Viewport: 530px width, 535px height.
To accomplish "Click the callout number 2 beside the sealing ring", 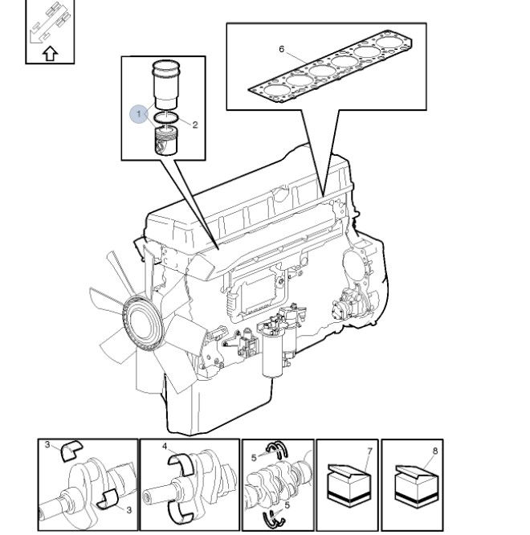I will [x=194, y=125].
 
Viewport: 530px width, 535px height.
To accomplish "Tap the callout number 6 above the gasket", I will [x=282, y=49].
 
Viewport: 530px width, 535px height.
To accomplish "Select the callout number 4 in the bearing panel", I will [x=165, y=447].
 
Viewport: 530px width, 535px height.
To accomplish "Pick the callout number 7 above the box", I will [x=370, y=451].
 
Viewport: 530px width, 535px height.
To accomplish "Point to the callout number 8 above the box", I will [x=434, y=451].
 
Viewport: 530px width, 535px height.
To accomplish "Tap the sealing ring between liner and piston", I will [x=165, y=120].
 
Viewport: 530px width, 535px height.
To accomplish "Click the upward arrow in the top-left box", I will [x=49, y=54].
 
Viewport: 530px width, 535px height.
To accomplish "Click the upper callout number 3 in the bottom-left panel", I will [x=47, y=445].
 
